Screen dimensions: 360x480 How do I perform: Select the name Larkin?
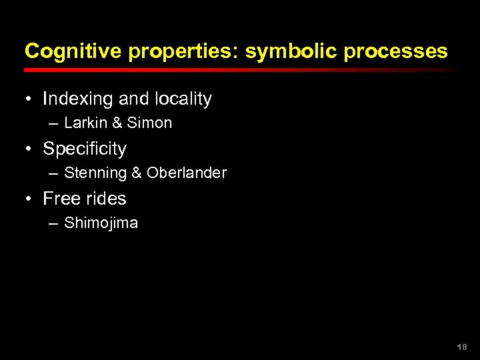85,123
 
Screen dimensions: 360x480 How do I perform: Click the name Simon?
149,123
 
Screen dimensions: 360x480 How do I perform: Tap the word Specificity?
85,149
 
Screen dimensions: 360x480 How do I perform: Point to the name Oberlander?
187,173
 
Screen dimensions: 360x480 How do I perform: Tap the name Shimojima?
101,223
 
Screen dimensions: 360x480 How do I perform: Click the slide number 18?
462,347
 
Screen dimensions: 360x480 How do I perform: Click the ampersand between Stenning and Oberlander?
137,173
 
